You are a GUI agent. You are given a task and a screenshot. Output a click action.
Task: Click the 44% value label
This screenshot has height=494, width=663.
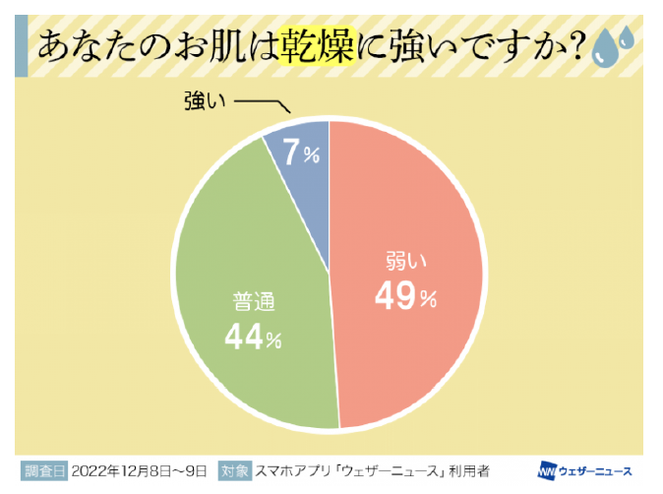(x=253, y=337)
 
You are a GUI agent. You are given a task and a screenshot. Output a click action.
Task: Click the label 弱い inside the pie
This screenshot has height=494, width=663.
(x=404, y=263)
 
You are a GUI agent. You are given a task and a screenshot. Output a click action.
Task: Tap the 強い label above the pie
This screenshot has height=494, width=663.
(x=204, y=101)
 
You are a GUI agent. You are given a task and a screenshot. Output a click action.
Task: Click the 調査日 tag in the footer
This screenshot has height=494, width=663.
(x=42, y=469)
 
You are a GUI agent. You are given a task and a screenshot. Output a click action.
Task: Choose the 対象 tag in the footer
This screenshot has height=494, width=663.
(x=233, y=469)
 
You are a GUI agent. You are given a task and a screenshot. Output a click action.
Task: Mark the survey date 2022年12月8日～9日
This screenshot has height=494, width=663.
(x=138, y=469)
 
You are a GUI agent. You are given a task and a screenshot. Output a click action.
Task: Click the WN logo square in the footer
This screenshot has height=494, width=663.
(x=548, y=469)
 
